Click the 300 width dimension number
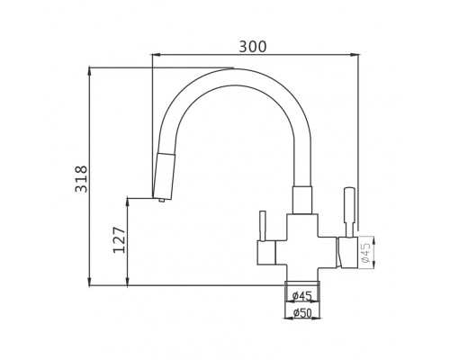click(x=253, y=47)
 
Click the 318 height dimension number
click(x=81, y=179)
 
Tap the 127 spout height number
click(x=119, y=240)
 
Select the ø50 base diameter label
click(x=302, y=313)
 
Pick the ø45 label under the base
click(x=302, y=296)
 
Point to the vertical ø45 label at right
click(x=366, y=252)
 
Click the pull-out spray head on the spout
click(x=164, y=175)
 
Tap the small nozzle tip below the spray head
click(x=161, y=200)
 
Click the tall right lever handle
click(x=349, y=212)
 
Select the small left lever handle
click(x=263, y=226)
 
